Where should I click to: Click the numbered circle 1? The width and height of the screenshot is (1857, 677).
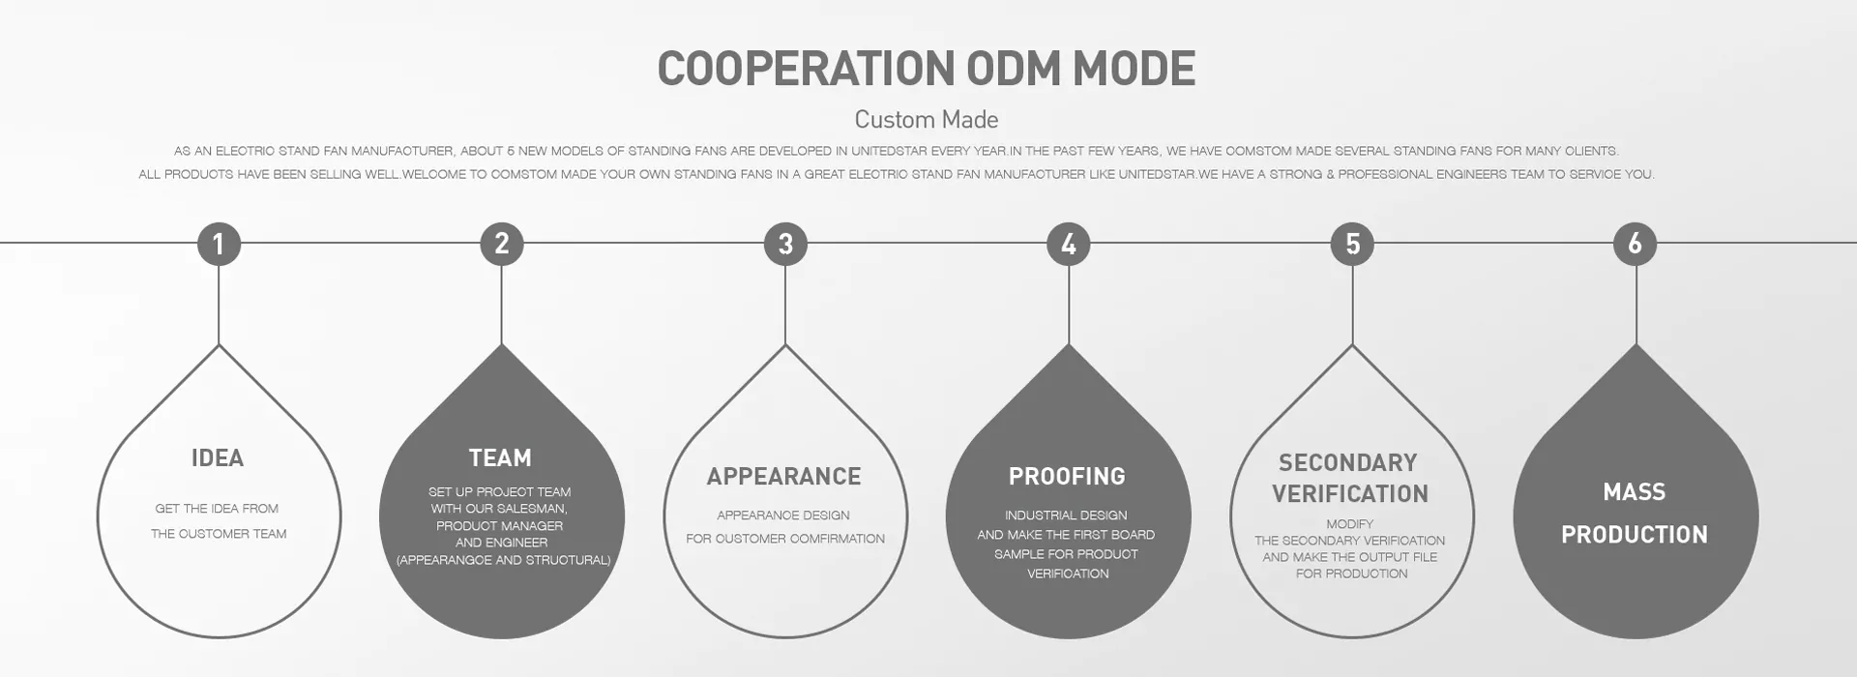(x=219, y=244)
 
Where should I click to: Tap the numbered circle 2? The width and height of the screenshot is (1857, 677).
(x=502, y=244)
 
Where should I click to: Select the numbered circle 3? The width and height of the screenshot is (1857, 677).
(x=785, y=244)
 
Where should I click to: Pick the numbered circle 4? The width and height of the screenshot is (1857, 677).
(x=1069, y=244)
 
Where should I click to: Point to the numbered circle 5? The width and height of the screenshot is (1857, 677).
(x=1352, y=244)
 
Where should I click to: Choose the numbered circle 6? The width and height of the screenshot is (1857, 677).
(x=1636, y=244)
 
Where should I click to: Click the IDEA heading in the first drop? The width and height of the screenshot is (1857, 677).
(x=218, y=458)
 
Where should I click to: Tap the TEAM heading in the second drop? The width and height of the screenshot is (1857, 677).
(x=500, y=458)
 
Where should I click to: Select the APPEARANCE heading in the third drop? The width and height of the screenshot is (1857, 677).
(x=783, y=477)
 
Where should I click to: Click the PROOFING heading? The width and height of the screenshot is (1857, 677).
(x=1067, y=477)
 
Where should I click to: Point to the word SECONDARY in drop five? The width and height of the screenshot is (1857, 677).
(x=1348, y=463)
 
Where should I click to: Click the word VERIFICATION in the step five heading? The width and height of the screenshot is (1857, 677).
(x=1350, y=494)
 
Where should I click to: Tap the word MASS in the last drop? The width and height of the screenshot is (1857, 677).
(x=1635, y=492)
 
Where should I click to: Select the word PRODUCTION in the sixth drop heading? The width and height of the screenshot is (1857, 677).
(x=1635, y=535)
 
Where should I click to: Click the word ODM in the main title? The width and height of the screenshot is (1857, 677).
(x=1015, y=69)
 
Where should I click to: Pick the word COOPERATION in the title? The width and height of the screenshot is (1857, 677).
(x=806, y=69)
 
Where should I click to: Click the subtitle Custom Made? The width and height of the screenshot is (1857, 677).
(x=927, y=120)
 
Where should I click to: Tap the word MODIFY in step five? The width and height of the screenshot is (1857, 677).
(x=1350, y=524)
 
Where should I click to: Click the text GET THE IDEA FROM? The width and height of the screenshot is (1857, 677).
(x=217, y=509)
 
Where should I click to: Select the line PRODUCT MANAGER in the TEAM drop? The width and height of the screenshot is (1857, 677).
(x=499, y=526)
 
